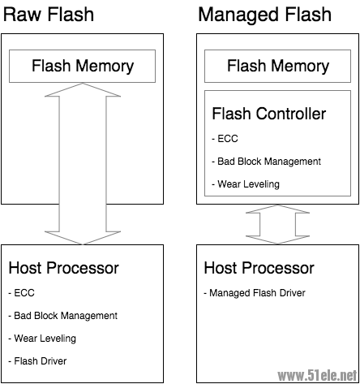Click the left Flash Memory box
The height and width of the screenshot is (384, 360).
82,66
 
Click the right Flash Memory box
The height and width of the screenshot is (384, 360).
278,66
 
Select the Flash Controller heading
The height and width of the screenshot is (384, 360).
268,114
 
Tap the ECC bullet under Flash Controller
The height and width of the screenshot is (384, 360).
225,138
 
